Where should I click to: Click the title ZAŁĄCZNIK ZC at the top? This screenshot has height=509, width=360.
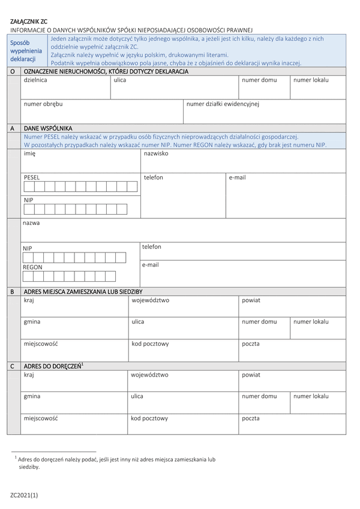[28, 21]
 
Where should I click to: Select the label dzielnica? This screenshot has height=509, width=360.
[35, 80]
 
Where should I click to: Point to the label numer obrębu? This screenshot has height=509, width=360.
[43, 104]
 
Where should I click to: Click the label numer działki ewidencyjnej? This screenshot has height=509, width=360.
[223, 104]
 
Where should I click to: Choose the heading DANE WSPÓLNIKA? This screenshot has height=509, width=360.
[48, 128]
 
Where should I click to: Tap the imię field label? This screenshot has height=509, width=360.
[30, 154]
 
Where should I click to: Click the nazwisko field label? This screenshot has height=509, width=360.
[156, 153]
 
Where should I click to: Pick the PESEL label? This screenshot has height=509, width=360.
[32, 178]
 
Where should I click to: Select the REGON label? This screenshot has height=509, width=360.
[32, 267]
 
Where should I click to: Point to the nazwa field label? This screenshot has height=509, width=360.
[31, 223]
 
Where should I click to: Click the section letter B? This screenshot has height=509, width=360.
[12, 291]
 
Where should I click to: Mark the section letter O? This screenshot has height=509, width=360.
[12, 71]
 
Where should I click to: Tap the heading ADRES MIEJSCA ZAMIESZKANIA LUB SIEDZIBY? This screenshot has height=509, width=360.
[83, 291]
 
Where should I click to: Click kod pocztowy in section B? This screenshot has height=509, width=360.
[150, 344]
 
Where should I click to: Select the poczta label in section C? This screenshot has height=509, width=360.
[251, 418]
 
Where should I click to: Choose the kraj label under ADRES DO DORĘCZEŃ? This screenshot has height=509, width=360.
[29, 375]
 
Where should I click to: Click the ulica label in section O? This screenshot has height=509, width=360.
[120, 80]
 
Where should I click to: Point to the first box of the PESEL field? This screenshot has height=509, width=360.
[29, 186]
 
